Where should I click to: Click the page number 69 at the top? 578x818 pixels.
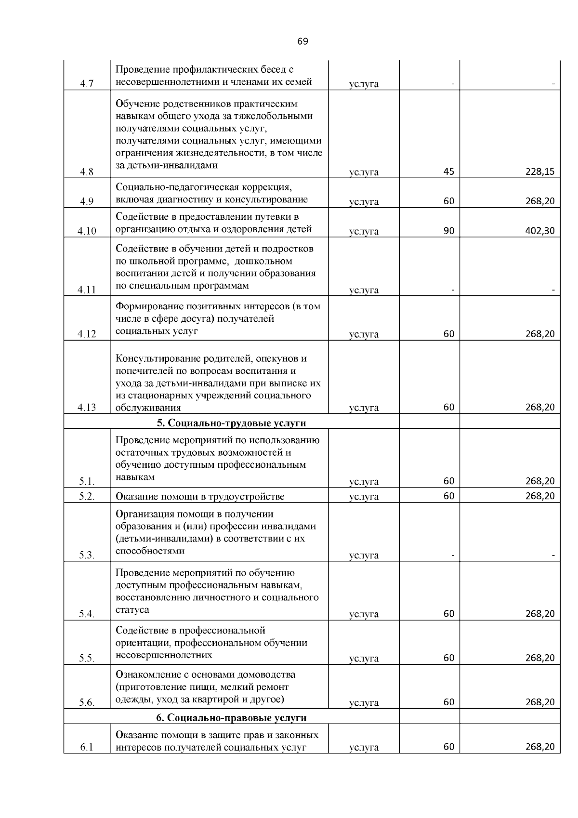pos(302,41)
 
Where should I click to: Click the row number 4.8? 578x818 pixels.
pos(87,172)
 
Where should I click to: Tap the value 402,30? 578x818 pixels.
pos(540,231)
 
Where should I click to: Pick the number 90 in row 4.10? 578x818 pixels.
pos(449,231)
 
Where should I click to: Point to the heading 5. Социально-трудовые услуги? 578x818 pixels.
pos(232,423)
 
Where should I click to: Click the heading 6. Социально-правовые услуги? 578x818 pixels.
pos(232,718)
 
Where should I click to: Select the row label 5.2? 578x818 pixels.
pos(87,497)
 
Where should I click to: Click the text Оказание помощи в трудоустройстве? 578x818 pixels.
pos(200,497)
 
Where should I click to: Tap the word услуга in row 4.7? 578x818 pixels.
pos(364,84)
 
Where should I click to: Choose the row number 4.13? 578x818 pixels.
pos(87,408)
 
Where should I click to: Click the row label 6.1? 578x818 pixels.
pos(87,748)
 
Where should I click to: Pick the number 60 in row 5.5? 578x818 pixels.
pos(449,658)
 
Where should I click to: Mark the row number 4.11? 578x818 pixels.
pos(87,290)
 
